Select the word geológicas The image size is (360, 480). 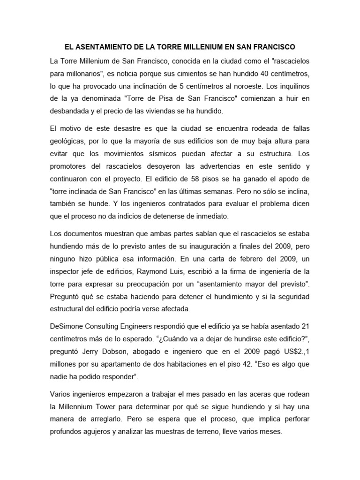coord(68,141)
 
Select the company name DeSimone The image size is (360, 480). coord(67,326)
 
